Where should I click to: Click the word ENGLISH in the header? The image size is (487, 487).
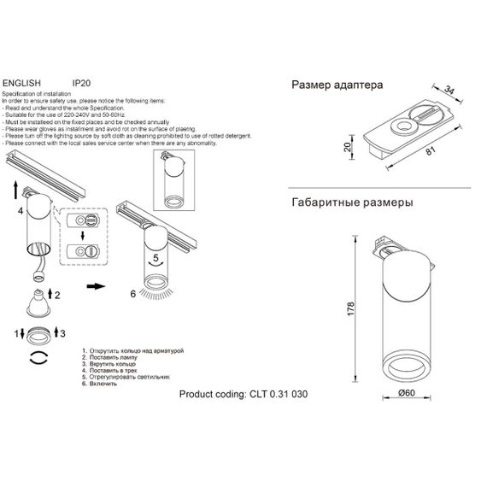pos(22,85)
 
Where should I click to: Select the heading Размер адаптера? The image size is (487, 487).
pos(337,85)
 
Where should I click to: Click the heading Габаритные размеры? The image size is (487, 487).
pos(353,203)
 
